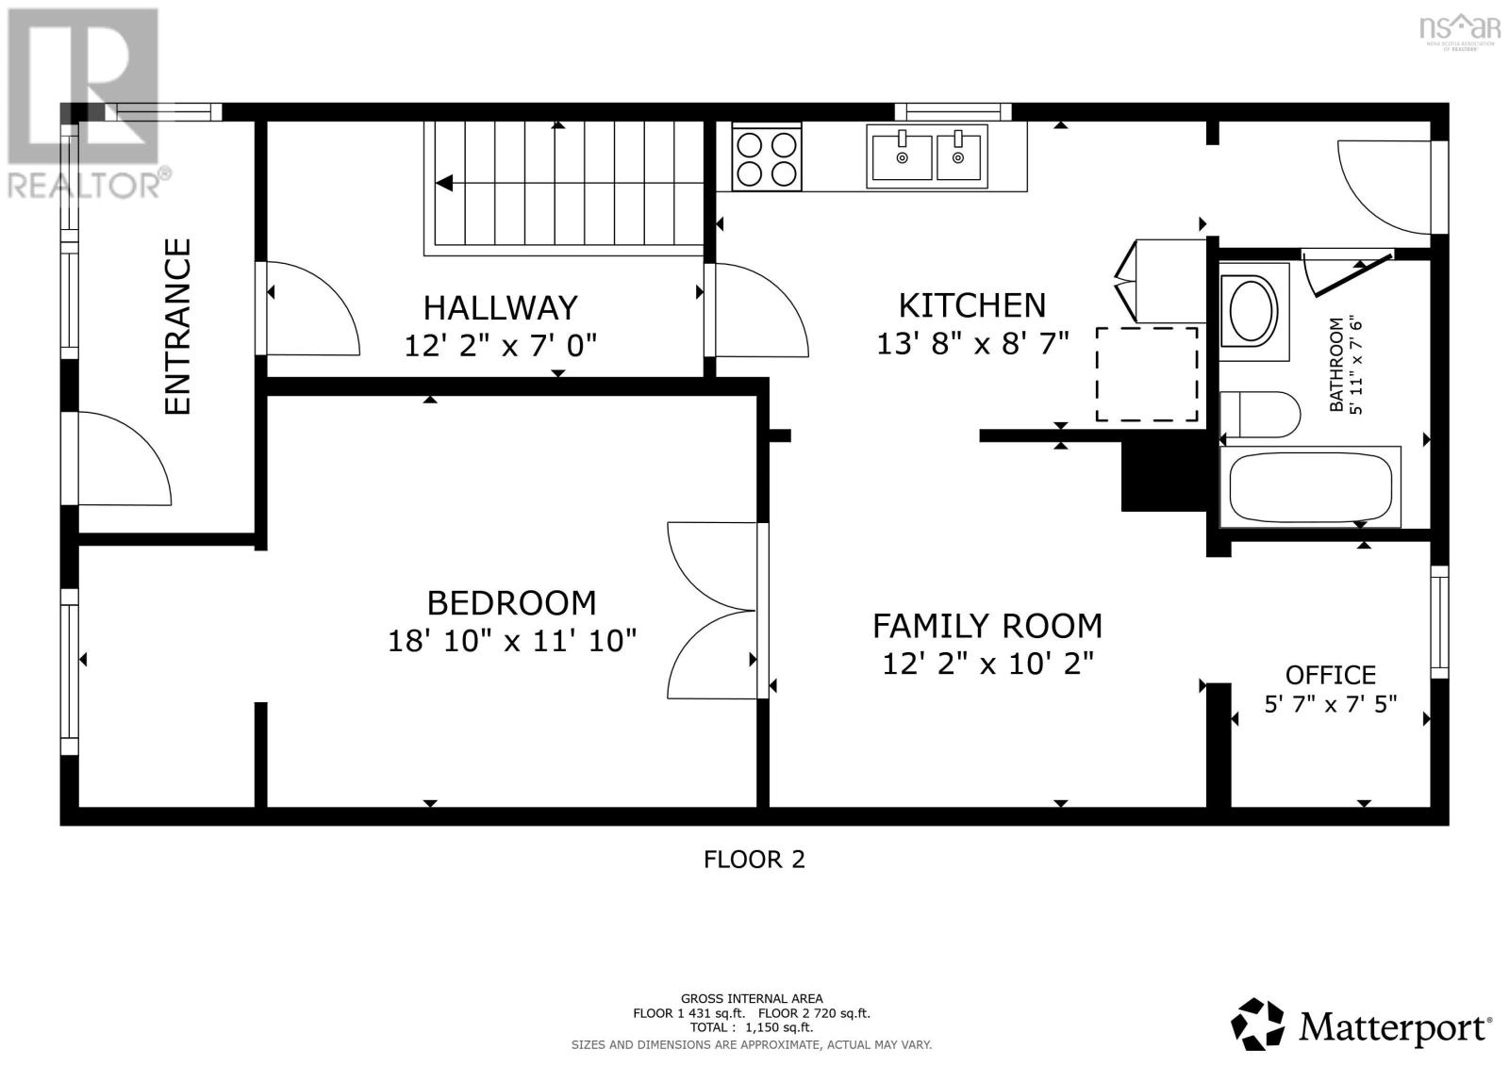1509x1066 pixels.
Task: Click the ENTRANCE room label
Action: pyautogui.click(x=177, y=326)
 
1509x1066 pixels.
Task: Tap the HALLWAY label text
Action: pyautogui.click(x=500, y=307)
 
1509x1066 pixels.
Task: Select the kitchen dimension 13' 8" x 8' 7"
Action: pyautogui.click(x=972, y=344)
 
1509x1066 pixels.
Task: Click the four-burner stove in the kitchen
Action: pyautogui.click(x=767, y=158)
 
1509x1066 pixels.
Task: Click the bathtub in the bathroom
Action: pyautogui.click(x=1311, y=486)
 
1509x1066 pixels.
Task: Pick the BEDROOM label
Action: pyautogui.click(x=511, y=602)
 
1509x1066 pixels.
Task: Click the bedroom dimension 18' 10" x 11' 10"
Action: pyautogui.click(x=512, y=641)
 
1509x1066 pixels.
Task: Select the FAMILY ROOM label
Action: pyautogui.click(x=987, y=626)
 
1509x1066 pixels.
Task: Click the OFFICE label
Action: pyautogui.click(x=1330, y=675)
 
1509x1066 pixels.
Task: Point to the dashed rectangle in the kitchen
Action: pyautogui.click(x=1146, y=374)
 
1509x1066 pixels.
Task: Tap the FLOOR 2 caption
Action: pyautogui.click(x=754, y=860)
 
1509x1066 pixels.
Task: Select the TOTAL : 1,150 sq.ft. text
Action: pyautogui.click(x=751, y=1027)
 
